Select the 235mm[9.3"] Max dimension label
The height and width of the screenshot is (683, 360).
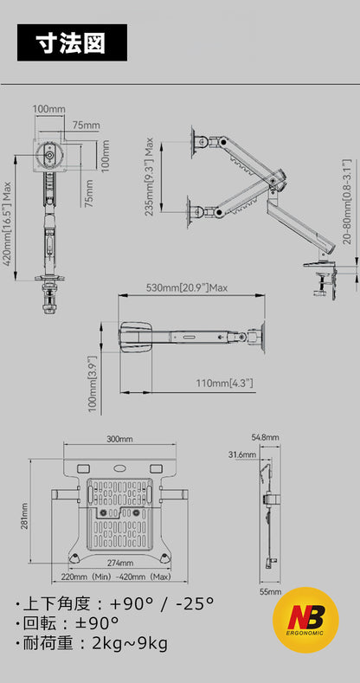149,177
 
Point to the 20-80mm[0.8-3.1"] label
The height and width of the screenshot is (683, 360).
346,201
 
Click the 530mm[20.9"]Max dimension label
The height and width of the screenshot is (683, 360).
186,287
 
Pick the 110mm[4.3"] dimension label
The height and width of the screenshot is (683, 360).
224,383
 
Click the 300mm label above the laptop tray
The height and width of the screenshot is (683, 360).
119,439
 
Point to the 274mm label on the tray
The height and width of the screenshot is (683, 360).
120,564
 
